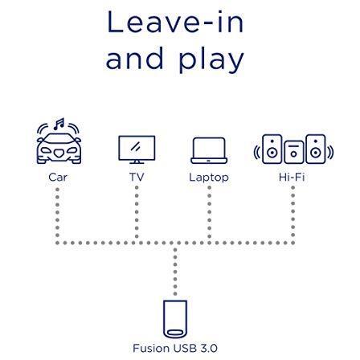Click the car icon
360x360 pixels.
point(59,148)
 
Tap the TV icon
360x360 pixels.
point(137,149)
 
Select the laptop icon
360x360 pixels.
point(209,150)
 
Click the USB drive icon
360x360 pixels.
point(175,319)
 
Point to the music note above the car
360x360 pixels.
point(59,124)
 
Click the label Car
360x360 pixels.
point(58,177)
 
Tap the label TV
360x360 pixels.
point(137,177)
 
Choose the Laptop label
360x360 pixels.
point(209,178)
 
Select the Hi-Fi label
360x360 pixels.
point(292,177)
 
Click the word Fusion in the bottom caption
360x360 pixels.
point(152,348)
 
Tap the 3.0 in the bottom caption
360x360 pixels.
point(208,348)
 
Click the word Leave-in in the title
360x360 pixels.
point(175,22)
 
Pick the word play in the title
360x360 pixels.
point(211,59)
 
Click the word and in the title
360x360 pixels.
point(134,58)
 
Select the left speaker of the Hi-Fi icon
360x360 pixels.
point(272,149)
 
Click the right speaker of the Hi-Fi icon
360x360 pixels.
point(316,149)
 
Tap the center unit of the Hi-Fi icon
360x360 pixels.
point(294,152)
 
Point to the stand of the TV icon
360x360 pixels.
point(137,162)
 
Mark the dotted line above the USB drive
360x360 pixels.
point(175,272)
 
